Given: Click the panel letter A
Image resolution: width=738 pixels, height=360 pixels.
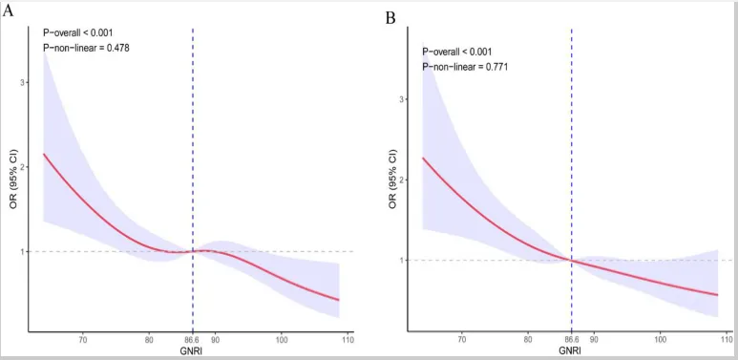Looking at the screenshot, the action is coord(8,11).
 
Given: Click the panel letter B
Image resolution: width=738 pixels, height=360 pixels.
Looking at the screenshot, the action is coord(390,18).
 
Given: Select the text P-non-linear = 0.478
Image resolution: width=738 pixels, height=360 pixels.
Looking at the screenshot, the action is coord(85,47).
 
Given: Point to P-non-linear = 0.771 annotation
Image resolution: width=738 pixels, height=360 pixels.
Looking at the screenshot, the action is coord(465,67).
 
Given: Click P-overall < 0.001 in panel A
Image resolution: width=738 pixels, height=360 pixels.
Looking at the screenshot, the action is coord(77,32).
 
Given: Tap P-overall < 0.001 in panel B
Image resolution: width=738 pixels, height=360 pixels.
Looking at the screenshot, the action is coord(456,52).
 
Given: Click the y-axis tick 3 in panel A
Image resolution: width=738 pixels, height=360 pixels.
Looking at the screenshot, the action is coord(22,82).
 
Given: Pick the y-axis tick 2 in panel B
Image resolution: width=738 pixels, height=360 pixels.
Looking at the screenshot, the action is coord(401,180).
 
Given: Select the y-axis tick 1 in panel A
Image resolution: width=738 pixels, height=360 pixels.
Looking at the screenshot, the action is coord(22,251).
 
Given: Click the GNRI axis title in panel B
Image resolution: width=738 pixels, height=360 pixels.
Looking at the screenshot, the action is coord(570,351).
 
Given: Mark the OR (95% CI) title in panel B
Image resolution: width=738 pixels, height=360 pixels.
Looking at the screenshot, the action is coord(392,181).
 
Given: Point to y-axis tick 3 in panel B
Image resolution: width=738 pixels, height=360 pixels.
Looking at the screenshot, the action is coord(401,99).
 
